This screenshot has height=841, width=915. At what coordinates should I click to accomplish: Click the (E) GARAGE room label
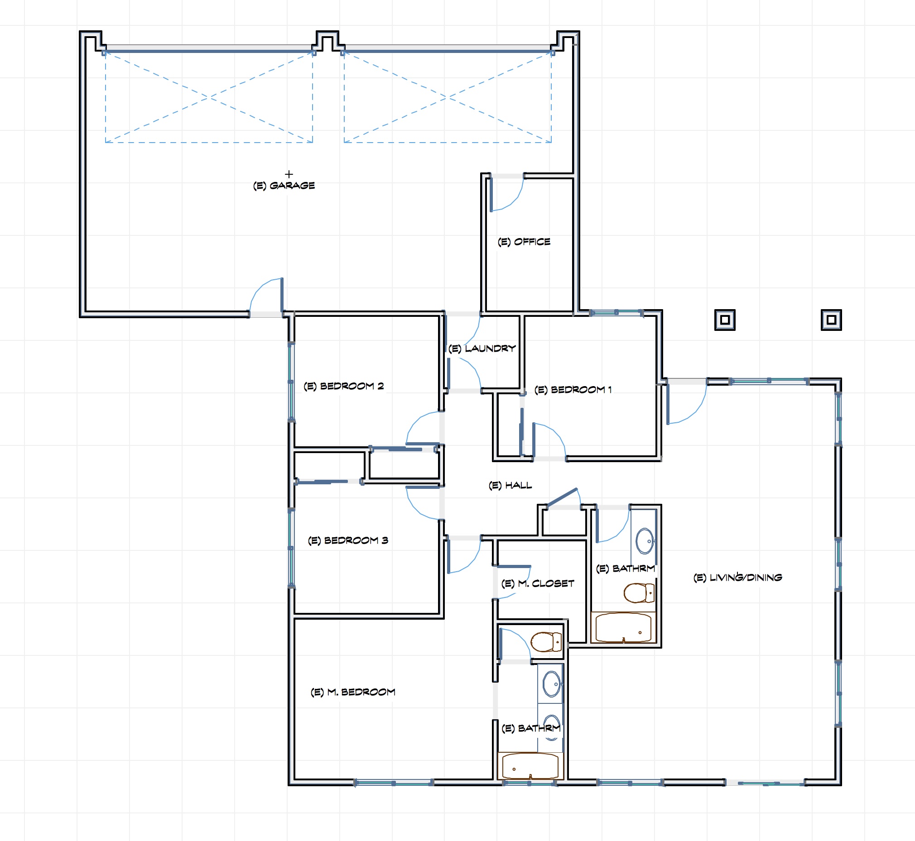point(284,186)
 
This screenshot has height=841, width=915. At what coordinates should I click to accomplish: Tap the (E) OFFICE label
point(524,242)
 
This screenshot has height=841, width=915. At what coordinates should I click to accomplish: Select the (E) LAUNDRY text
point(482,349)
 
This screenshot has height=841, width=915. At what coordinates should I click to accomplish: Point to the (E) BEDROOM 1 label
point(573,390)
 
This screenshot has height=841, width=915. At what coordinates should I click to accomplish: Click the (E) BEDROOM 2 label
point(343,386)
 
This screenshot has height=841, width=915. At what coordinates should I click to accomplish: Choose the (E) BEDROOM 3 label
point(348,540)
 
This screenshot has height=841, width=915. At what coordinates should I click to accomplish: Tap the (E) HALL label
point(510,485)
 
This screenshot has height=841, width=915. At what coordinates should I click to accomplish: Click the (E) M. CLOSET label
point(537,583)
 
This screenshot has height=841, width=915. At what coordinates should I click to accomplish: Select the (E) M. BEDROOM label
point(353,692)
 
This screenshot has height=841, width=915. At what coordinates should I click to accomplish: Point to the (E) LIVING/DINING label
point(738,578)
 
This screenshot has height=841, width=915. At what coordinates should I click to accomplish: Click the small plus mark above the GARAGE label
point(289,174)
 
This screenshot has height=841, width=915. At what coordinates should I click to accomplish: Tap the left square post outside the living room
point(725,320)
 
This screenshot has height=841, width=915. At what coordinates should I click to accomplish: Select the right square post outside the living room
point(831,320)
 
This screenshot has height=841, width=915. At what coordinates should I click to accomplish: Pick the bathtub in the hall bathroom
point(623,627)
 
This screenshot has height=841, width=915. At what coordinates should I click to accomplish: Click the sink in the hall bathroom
point(645,541)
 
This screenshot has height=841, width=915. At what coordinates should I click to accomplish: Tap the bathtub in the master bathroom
point(530,766)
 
